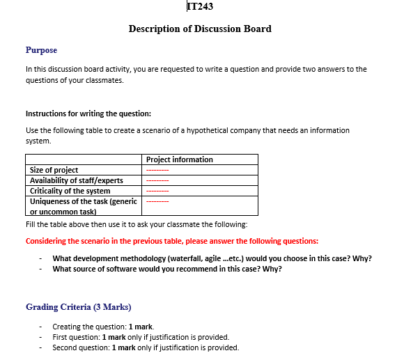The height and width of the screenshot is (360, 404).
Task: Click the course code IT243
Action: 201,7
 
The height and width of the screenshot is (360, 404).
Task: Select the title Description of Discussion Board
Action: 200,29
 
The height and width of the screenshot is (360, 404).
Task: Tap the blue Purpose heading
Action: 41,50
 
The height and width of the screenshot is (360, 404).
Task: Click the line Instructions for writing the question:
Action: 88,114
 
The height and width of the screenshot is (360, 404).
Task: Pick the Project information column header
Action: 180,159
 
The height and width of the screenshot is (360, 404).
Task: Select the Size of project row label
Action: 54,170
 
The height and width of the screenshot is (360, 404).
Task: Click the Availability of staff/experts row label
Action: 77,180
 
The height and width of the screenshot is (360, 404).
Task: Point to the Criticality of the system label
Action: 70,191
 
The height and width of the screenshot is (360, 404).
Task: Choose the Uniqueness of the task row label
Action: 83,201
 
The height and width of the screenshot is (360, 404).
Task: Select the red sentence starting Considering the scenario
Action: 172,241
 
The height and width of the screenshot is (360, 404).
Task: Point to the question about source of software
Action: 167,269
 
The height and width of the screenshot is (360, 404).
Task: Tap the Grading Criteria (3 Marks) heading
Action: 79,307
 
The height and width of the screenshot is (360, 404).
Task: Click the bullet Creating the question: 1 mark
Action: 103,327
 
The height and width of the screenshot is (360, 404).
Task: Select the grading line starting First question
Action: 141,337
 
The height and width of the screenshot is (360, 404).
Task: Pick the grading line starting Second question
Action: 146,347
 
